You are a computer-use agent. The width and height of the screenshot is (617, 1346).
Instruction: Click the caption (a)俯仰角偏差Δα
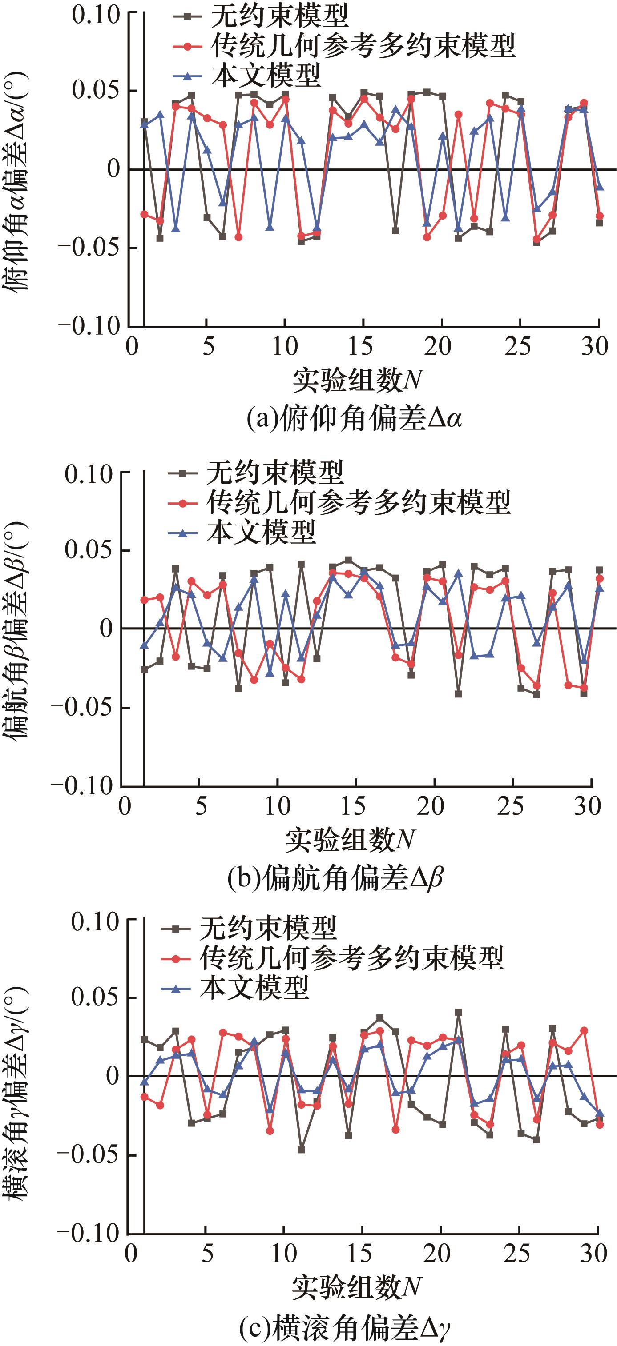coord(354,419)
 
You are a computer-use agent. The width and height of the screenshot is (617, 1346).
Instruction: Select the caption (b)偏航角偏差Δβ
coord(335,878)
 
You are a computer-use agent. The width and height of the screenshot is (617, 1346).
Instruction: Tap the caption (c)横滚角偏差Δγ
coord(345,1326)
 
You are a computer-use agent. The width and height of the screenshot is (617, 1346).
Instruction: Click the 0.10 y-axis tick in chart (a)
coord(96,16)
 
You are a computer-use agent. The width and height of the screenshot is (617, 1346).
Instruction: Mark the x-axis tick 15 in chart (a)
coord(361,346)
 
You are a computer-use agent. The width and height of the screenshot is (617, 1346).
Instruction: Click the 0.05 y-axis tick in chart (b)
coord(89,550)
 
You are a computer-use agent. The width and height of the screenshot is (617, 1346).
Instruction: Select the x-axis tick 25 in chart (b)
coord(511,806)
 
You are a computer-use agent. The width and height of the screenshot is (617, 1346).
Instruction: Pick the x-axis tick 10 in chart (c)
coord(284,1254)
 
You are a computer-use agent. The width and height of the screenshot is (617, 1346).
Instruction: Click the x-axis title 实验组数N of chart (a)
coord(358,381)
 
